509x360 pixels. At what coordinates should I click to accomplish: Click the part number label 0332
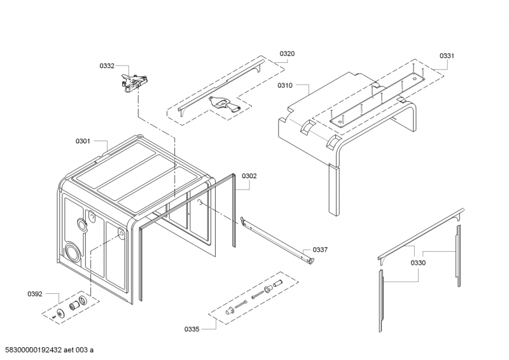pos(107,66)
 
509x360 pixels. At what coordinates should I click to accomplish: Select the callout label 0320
pos(287,54)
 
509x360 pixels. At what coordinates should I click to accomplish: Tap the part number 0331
pos(447,56)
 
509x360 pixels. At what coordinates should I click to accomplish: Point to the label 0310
pos(284,85)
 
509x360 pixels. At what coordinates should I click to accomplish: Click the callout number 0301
pos(83,141)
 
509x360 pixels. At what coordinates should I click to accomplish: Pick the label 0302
pos(249,176)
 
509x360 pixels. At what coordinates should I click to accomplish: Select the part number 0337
pos(320,250)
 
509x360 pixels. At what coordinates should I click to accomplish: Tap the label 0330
pos(417,263)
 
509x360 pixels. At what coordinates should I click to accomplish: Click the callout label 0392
pos(35,294)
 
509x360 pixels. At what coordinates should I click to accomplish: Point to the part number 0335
pos(192,329)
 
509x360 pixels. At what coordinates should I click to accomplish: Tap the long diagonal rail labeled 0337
pos(277,240)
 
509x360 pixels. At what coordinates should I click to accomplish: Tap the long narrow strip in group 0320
pos(220,88)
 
